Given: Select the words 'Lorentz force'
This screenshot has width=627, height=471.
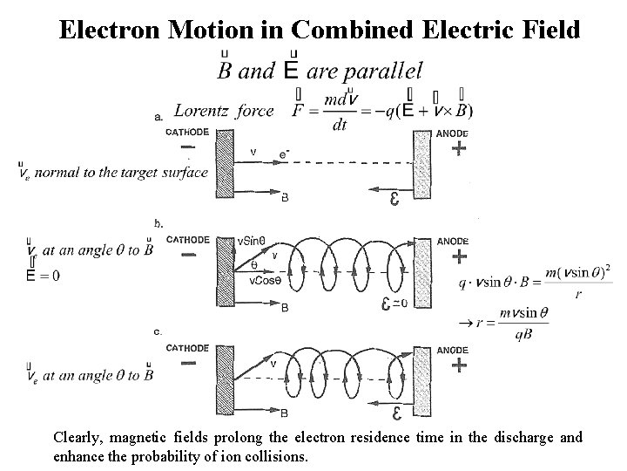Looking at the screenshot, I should click(x=224, y=111).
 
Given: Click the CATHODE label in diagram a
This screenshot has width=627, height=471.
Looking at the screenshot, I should click(x=187, y=132).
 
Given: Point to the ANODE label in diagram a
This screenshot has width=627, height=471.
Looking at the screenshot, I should click(x=452, y=133).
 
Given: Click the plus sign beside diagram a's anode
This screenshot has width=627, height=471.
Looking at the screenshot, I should click(x=459, y=149).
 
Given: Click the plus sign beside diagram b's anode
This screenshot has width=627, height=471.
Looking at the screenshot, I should click(x=459, y=256).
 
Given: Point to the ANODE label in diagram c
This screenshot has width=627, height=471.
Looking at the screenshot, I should click(x=452, y=350).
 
